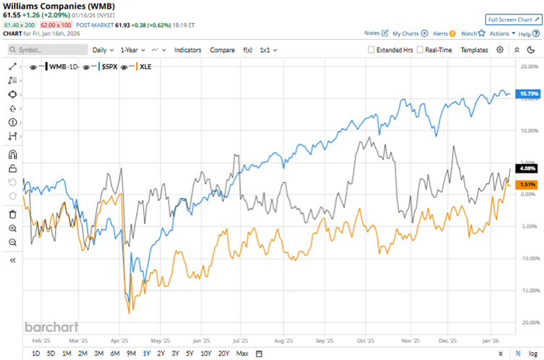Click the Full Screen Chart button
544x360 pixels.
513,20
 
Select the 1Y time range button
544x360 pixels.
146,353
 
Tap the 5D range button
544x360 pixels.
51,353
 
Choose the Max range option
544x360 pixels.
242,353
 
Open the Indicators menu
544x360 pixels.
188,50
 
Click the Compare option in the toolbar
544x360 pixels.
222,50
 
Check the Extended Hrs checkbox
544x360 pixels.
372,50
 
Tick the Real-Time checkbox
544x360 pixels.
420,50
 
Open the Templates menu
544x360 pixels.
474,50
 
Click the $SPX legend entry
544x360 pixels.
109,66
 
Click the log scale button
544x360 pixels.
533,353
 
